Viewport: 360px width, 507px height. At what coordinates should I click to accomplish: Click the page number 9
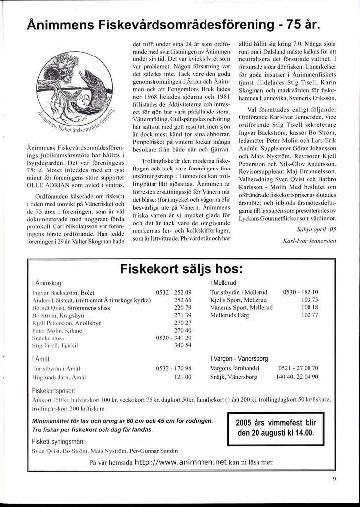coord(335,478)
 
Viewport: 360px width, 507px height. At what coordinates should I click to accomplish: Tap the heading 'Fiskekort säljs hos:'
coord(181,270)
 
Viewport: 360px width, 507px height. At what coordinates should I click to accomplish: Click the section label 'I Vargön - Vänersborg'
coord(240,358)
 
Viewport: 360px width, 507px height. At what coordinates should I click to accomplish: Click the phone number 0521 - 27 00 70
coord(299,368)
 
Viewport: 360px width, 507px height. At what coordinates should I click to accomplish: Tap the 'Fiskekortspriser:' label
coord(54,390)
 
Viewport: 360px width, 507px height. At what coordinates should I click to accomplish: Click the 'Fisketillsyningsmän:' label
coord(58,441)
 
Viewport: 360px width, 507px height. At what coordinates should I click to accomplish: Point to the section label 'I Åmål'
coord(42,358)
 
